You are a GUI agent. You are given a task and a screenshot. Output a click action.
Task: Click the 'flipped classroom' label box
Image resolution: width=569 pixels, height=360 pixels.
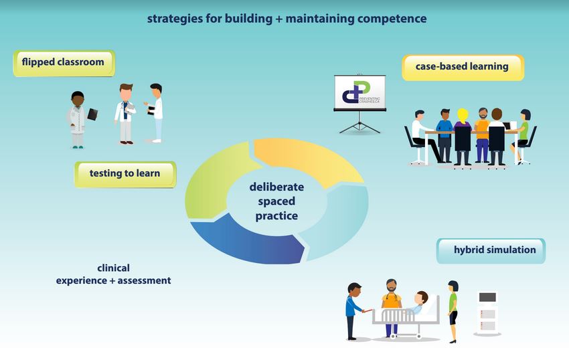[x=64, y=63]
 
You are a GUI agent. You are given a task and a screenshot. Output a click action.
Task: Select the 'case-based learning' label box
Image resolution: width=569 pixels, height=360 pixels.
[x=463, y=68]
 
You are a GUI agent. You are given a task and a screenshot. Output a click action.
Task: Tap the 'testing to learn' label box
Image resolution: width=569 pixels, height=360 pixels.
[x=125, y=174]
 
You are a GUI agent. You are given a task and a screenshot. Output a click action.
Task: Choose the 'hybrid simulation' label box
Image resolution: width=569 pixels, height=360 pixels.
[x=491, y=250]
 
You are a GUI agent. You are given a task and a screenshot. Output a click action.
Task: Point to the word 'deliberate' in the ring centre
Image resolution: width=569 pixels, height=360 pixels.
[x=276, y=187]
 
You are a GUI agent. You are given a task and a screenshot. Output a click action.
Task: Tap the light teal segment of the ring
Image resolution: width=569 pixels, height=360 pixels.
[x=339, y=221]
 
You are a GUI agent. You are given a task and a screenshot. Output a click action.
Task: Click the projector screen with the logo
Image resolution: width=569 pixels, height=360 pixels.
[x=359, y=93]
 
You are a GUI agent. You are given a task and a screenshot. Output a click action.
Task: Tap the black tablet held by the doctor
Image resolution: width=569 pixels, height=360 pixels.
[x=92, y=114]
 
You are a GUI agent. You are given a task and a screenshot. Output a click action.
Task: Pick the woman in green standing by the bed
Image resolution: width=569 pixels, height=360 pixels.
[x=453, y=311]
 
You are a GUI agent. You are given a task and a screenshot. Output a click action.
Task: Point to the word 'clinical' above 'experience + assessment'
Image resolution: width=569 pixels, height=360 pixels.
[x=113, y=268]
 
